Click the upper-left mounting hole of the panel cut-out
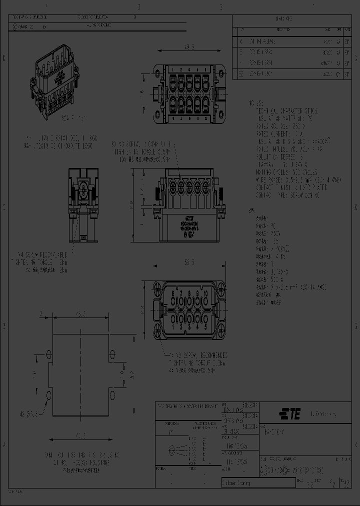coord(48,354)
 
